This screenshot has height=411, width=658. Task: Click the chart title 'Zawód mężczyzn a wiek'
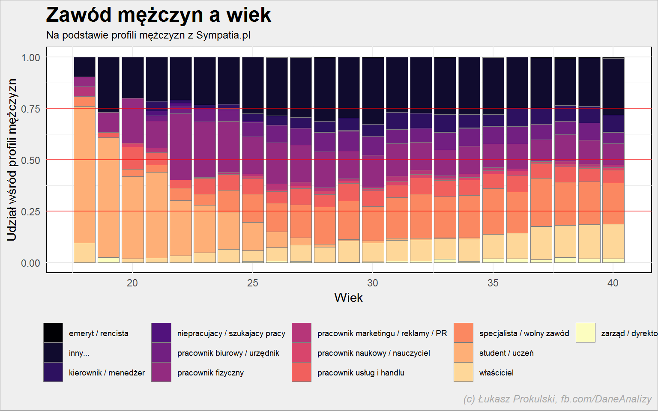[159, 15]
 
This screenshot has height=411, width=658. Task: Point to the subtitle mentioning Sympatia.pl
[148, 35]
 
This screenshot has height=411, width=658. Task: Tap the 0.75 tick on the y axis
[30, 109]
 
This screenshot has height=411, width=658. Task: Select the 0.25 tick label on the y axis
[30, 211]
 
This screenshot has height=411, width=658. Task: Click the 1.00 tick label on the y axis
[30, 57]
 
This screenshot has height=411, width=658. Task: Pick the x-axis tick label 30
[372, 283]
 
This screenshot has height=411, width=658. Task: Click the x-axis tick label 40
[613, 283]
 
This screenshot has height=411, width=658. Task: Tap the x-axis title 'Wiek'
[348, 298]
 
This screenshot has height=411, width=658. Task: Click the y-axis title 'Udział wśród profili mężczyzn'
[12, 160]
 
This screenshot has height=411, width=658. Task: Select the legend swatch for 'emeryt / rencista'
[53, 333]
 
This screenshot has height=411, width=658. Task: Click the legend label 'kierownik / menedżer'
[107, 373]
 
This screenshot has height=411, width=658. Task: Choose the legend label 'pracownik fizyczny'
[211, 373]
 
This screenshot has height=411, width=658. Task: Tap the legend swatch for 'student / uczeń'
[464, 352]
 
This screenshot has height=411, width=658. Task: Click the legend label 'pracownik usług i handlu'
[361, 373]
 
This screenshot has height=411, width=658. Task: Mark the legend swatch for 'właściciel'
[464, 372]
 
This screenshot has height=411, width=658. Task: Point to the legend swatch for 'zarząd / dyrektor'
[586, 333]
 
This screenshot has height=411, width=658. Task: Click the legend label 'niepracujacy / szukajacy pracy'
[231, 334]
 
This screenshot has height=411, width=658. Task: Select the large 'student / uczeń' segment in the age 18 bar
[84, 174]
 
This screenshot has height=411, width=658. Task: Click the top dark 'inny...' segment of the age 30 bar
[373, 91]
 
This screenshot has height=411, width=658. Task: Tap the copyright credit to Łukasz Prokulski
[557, 399]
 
